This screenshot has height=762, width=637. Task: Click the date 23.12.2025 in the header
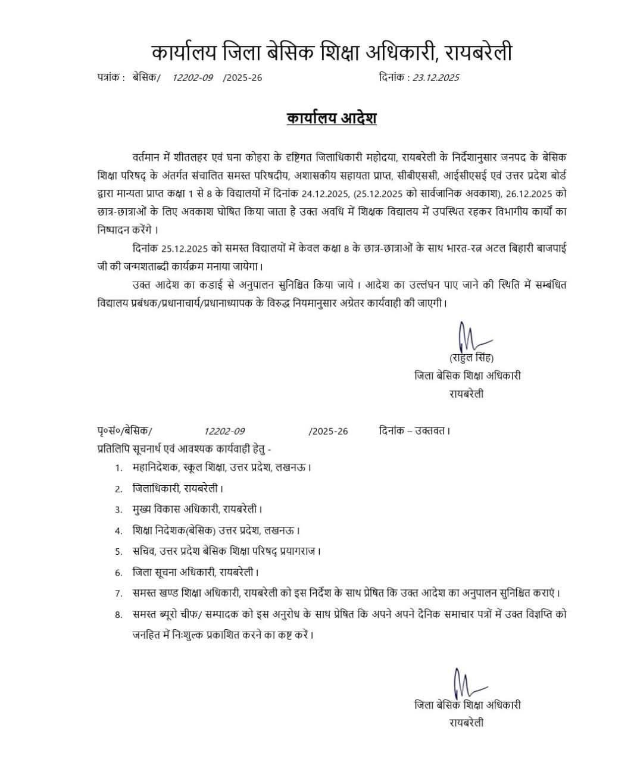click(436, 77)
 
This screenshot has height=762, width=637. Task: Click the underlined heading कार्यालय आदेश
click(332, 118)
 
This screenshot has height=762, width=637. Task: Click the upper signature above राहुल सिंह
click(470, 337)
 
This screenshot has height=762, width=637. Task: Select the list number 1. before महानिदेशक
click(119, 467)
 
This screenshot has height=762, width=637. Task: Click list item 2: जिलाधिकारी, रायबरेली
click(177, 488)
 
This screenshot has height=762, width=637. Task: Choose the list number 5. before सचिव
click(119, 551)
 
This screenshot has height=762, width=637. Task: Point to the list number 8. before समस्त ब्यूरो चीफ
click(119, 614)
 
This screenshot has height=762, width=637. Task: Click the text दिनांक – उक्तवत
click(414, 430)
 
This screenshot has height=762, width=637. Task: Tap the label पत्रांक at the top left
click(110, 77)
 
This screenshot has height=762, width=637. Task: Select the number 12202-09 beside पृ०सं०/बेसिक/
click(224, 431)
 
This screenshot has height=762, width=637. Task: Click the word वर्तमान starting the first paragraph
click(151, 157)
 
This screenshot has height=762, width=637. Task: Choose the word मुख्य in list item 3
click(143, 509)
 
